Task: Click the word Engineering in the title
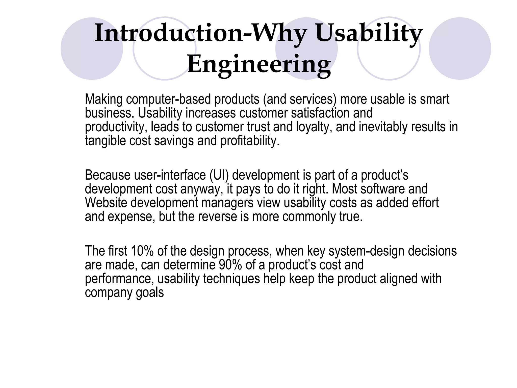pos(259,64)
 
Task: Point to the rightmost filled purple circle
pos(460,48)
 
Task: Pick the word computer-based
pos(168,99)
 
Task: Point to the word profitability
pos(250,141)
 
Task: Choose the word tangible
pos(105,141)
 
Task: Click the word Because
pos(108,175)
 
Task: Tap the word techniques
pos(231,279)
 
